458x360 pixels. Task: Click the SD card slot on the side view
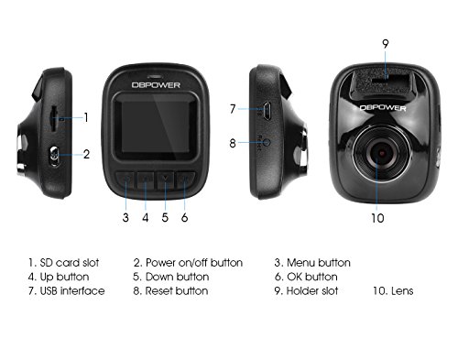(x=54, y=119)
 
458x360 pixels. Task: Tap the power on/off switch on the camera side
(x=55, y=156)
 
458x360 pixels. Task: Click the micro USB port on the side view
(x=267, y=111)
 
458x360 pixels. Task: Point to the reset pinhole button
(x=267, y=142)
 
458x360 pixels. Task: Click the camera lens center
(x=382, y=153)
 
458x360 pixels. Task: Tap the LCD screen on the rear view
(x=156, y=126)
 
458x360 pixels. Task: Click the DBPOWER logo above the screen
(x=156, y=85)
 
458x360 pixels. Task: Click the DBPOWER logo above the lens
(x=383, y=107)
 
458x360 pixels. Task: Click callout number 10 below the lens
(x=377, y=218)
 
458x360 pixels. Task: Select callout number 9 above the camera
(x=386, y=44)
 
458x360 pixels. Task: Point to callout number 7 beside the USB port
(x=233, y=109)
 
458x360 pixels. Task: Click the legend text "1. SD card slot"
(x=63, y=263)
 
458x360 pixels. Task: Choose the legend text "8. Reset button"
(x=170, y=290)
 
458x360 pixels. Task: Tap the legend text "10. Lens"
(x=393, y=290)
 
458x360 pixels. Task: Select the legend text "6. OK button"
(x=306, y=277)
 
